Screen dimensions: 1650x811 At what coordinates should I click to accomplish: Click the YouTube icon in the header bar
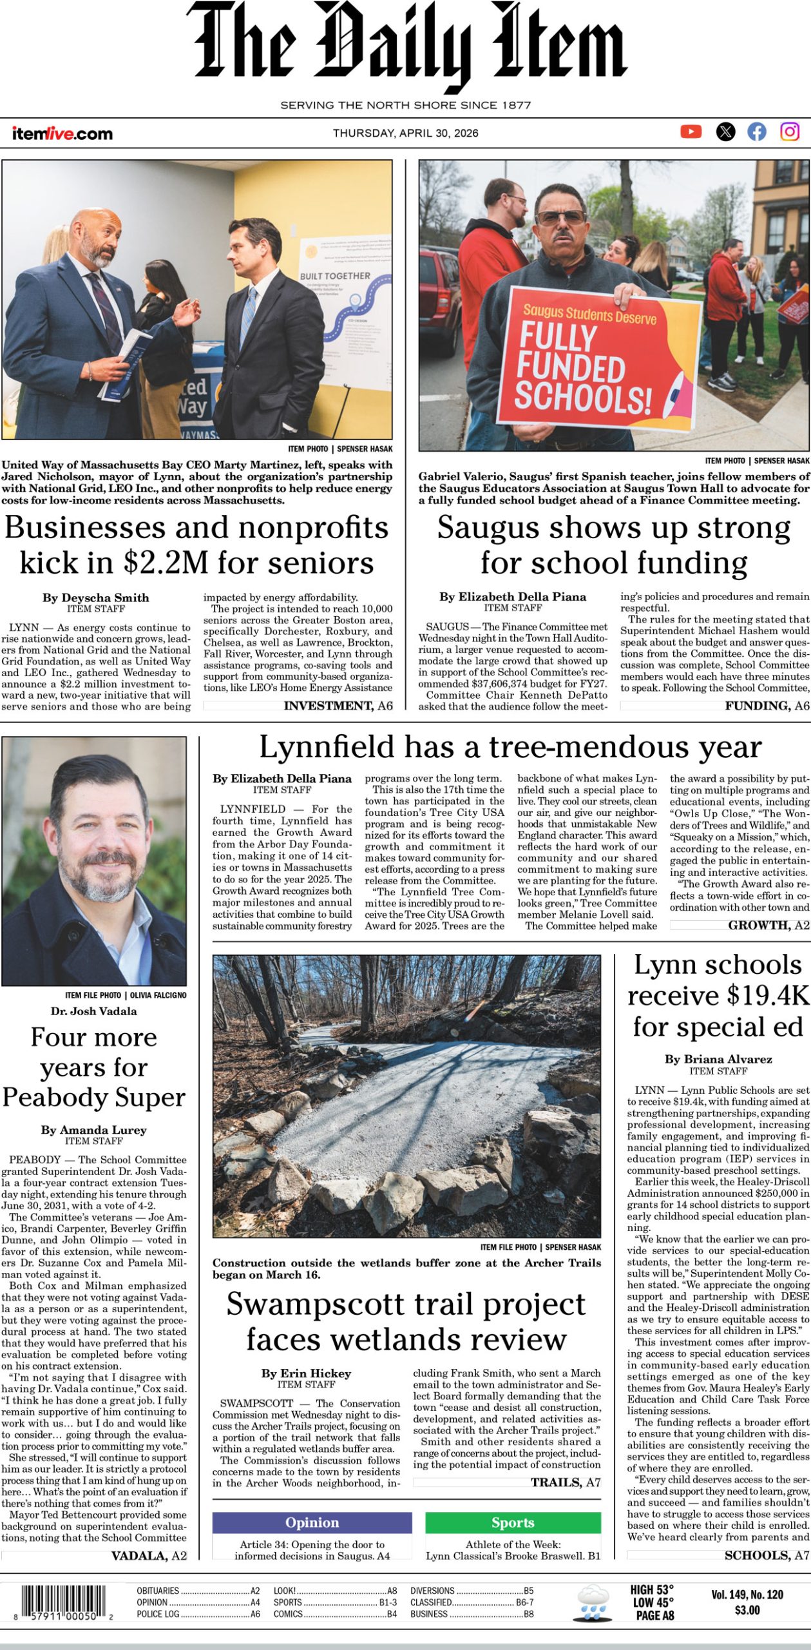click(x=691, y=131)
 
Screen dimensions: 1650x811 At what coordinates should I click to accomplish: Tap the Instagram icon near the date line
click(x=790, y=131)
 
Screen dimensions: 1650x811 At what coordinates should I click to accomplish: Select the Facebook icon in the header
click(x=757, y=131)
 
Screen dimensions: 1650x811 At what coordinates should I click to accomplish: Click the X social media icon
click(x=725, y=131)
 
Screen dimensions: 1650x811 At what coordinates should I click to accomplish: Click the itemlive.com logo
click(x=62, y=133)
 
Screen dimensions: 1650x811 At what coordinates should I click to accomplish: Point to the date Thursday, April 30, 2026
click(x=405, y=133)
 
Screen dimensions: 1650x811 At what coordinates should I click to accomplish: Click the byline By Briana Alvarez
click(x=718, y=1059)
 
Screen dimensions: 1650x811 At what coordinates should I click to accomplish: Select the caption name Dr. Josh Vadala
click(x=94, y=1011)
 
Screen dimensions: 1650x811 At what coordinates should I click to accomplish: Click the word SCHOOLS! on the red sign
click(x=582, y=396)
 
